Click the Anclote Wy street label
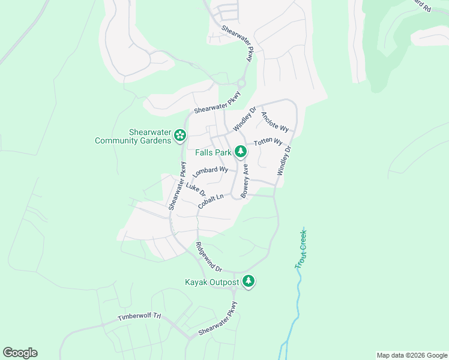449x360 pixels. (275, 121)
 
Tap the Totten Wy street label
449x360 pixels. (268, 142)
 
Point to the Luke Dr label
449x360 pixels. (196, 190)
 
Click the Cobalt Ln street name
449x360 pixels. (211, 202)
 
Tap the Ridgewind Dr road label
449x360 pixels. (208, 256)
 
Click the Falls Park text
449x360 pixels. (213, 152)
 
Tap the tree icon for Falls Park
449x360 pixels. (241, 152)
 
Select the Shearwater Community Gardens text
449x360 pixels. (133, 137)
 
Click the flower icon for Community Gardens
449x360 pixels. (179, 136)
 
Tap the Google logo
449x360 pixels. (20, 353)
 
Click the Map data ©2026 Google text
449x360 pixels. (411, 355)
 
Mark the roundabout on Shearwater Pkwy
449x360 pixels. (242, 83)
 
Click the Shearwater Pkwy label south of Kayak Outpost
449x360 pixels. (218, 319)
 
